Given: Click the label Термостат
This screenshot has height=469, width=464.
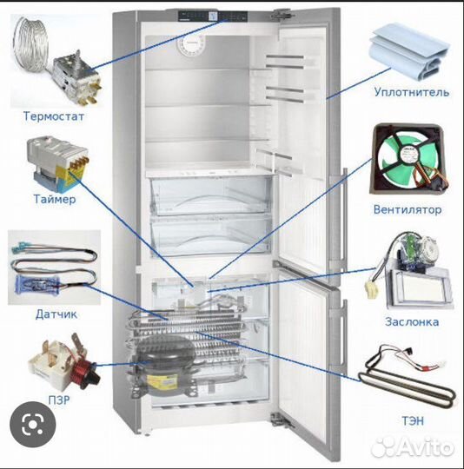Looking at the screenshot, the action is pyautogui.click(x=54, y=116).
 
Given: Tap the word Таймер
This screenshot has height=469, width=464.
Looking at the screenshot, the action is pyautogui.click(x=55, y=199).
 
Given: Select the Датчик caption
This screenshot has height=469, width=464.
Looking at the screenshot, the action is pyautogui.click(x=56, y=314).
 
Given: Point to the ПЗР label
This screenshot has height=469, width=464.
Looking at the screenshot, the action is pyautogui.click(x=59, y=400).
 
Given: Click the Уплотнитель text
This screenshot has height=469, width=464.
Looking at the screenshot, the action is pyautogui.click(x=412, y=92).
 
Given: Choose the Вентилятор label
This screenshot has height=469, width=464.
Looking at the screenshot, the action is pyautogui.click(x=408, y=209).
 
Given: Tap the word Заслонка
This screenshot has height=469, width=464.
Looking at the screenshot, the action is pyautogui.click(x=412, y=322).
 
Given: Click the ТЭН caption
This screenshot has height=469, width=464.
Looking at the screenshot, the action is pyautogui.click(x=413, y=421).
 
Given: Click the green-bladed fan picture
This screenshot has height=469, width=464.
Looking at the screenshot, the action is pyautogui.click(x=409, y=159).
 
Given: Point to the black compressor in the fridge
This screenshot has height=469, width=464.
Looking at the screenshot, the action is pyautogui.click(x=165, y=361).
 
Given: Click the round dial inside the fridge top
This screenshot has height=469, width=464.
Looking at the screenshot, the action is pyautogui.click(x=190, y=46).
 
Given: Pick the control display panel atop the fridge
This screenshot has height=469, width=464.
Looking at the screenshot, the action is pyautogui.click(x=213, y=17).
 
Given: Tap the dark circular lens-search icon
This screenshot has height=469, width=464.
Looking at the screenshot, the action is pyautogui.click(x=33, y=425).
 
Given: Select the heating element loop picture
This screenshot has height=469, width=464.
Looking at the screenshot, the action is pyautogui.click(x=408, y=379).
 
